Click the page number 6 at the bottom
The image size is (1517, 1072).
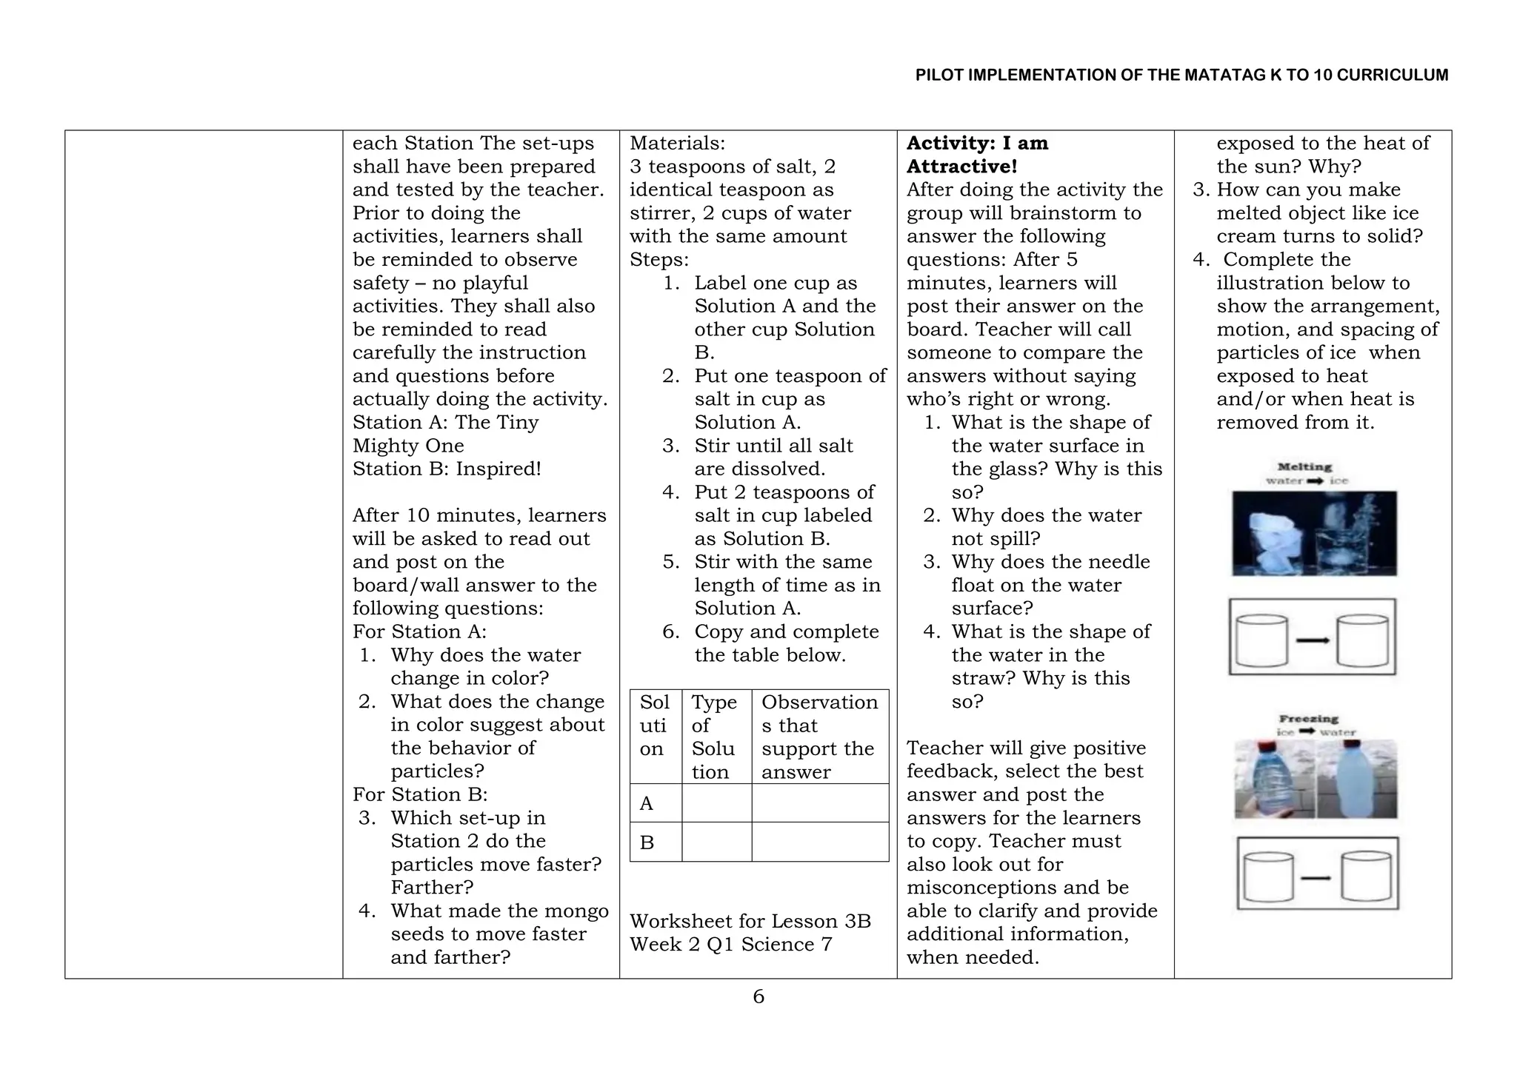tap(758, 996)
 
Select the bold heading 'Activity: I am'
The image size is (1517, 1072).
tap(977, 143)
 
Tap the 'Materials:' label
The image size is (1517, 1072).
tap(677, 143)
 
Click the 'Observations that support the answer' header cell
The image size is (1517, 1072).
tap(819, 737)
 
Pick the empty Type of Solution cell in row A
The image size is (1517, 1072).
tap(716, 803)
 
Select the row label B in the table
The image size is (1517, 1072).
tap(647, 842)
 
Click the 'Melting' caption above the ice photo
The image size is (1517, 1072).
tap(1304, 467)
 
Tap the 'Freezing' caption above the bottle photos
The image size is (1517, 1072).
tap(1308, 719)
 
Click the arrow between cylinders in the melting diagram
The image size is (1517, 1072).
tap(1312, 640)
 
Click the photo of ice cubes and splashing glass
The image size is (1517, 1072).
tap(1314, 533)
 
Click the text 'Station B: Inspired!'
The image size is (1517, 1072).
tap(447, 469)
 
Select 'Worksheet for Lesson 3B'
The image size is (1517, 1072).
tap(750, 921)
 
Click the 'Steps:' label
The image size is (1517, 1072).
tap(659, 260)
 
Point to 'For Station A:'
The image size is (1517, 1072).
tap(419, 632)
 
